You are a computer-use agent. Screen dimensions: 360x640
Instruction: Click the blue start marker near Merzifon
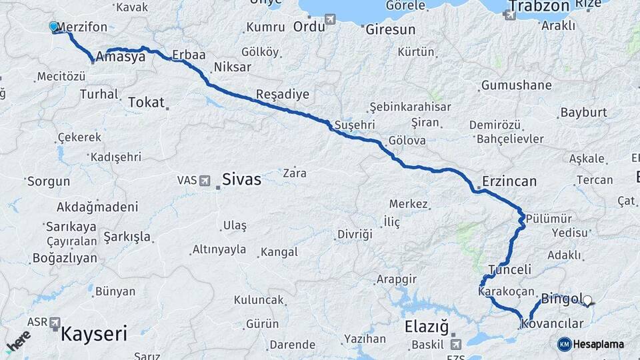(54, 27)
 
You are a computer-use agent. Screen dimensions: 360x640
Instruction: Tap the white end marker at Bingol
(587, 301)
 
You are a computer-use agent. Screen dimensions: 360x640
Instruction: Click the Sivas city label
(241, 179)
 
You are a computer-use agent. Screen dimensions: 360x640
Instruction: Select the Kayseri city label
(94, 333)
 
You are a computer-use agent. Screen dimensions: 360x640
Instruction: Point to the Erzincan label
(510, 181)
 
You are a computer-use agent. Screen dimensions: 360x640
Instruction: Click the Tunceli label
(510, 270)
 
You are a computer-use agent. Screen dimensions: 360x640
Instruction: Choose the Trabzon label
(539, 7)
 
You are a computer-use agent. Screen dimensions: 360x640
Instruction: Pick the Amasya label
(121, 57)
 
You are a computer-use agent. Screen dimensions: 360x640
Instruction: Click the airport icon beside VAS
(205, 181)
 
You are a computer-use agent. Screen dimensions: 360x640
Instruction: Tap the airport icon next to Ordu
(329, 21)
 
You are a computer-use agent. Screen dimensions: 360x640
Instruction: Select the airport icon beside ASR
(54, 323)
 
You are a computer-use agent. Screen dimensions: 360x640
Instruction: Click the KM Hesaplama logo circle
(564, 344)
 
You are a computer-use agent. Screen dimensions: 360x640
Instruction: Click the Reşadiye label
(283, 95)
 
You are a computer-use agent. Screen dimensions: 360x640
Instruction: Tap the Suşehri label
(355, 125)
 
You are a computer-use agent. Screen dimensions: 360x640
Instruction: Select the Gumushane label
(516, 85)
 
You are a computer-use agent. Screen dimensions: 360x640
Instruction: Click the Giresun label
(390, 30)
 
